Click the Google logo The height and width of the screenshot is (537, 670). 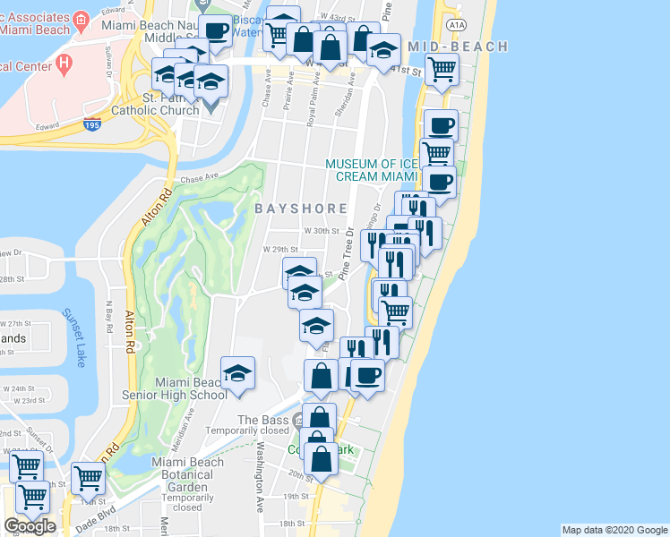(x=30, y=526)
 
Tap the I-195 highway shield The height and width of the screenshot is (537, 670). (x=92, y=126)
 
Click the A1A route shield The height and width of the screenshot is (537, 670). (x=456, y=24)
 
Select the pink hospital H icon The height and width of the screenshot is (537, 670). (x=64, y=64)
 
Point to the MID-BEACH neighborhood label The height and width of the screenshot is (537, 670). (x=458, y=47)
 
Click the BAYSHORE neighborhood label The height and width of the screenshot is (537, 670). (x=301, y=209)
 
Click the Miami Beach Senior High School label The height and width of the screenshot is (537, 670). (x=191, y=388)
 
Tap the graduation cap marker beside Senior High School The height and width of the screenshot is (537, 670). (x=238, y=372)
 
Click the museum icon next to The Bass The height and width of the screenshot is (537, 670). (x=297, y=419)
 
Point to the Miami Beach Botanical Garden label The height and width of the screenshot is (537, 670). (x=182, y=483)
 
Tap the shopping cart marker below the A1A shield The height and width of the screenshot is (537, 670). (x=442, y=68)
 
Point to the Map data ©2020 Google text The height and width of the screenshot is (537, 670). (x=614, y=530)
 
